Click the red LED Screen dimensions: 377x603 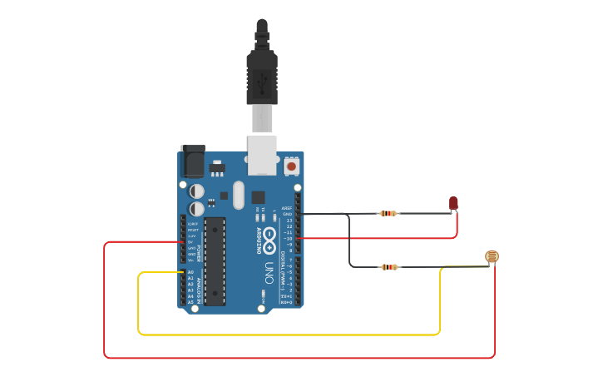(453, 202)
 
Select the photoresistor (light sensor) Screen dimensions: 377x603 (492, 256)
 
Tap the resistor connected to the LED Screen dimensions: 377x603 (388, 213)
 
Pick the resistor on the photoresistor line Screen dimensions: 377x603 (388, 267)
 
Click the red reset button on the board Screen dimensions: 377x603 (291, 166)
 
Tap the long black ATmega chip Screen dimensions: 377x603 (215, 260)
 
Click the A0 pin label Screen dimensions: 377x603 (190, 272)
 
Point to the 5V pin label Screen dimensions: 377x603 (191, 242)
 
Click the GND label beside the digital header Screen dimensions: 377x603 (288, 214)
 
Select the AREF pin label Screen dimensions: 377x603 (287, 208)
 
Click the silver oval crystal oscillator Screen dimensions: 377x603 (239, 195)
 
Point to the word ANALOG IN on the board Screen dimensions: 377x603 (200, 287)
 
